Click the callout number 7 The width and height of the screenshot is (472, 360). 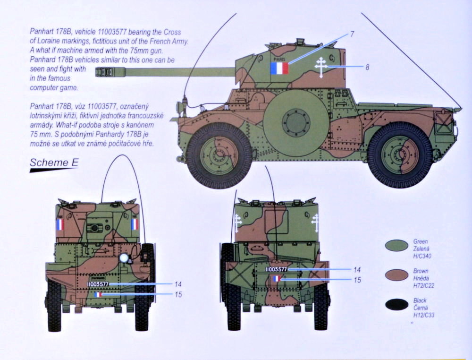(x=352, y=34)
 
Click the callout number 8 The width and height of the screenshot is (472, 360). (x=367, y=67)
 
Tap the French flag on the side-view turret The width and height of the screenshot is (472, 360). (x=279, y=68)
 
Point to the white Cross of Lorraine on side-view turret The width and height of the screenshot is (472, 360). (x=321, y=68)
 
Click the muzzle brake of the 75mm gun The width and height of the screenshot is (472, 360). (x=106, y=72)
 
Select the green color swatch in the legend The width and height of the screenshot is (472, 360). (x=396, y=245)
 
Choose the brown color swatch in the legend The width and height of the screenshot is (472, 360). (x=396, y=275)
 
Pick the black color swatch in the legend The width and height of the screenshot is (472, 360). (x=396, y=305)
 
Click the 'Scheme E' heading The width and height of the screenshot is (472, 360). (x=53, y=163)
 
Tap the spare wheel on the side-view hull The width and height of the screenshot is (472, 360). (x=295, y=122)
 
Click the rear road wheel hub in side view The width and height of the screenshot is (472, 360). (x=400, y=154)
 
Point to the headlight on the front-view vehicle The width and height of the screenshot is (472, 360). (x=125, y=258)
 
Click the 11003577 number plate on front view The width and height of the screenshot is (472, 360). (x=98, y=284)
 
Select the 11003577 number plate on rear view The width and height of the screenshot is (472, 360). (x=276, y=269)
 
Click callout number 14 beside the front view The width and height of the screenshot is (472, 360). (x=177, y=284)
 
